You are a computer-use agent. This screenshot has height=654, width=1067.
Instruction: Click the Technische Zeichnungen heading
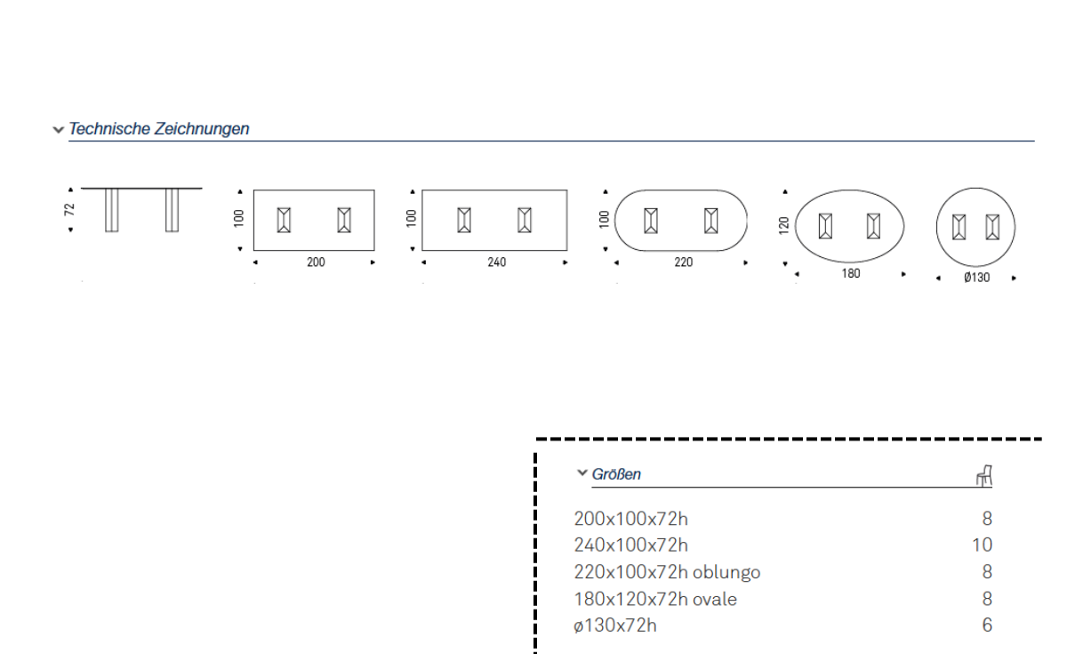click(x=159, y=129)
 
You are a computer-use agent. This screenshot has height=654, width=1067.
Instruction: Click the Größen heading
click(x=616, y=474)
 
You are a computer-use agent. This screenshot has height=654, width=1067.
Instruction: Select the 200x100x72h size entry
click(x=630, y=518)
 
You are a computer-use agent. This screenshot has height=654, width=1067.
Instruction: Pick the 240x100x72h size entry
click(x=630, y=545)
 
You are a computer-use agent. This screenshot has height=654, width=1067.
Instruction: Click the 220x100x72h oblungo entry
click(x=667, y=572)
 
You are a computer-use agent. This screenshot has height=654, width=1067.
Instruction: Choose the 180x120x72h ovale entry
click(x=655, y=599)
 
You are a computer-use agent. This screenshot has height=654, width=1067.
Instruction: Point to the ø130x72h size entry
click(x=615, y=626)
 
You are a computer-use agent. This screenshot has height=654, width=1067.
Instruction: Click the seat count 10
click(x=982, y=545)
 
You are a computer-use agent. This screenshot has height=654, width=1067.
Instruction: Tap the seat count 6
click(x=987, y=626)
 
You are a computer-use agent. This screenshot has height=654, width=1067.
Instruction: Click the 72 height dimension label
click(x=70, y=209)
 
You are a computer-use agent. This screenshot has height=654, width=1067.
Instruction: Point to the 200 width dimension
click(x=316, y=262)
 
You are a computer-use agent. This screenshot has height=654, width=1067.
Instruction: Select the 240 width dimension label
click(x=497, y=262)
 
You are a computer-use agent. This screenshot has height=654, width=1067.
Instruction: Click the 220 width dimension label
click(x=683, y=262)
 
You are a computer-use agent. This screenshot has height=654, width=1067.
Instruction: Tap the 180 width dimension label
click(x=851, y=274)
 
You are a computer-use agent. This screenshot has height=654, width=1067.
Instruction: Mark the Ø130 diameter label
click(x=976, y=278)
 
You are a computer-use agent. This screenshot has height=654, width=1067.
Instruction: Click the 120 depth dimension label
click(x=783, y=226)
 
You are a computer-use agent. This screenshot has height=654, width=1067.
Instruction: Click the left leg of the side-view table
click(x=111, y=211)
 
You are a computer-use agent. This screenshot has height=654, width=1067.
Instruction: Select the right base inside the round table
click(x=992, y=228)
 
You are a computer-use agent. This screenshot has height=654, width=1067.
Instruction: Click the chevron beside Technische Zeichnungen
click(x=58, y=130)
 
